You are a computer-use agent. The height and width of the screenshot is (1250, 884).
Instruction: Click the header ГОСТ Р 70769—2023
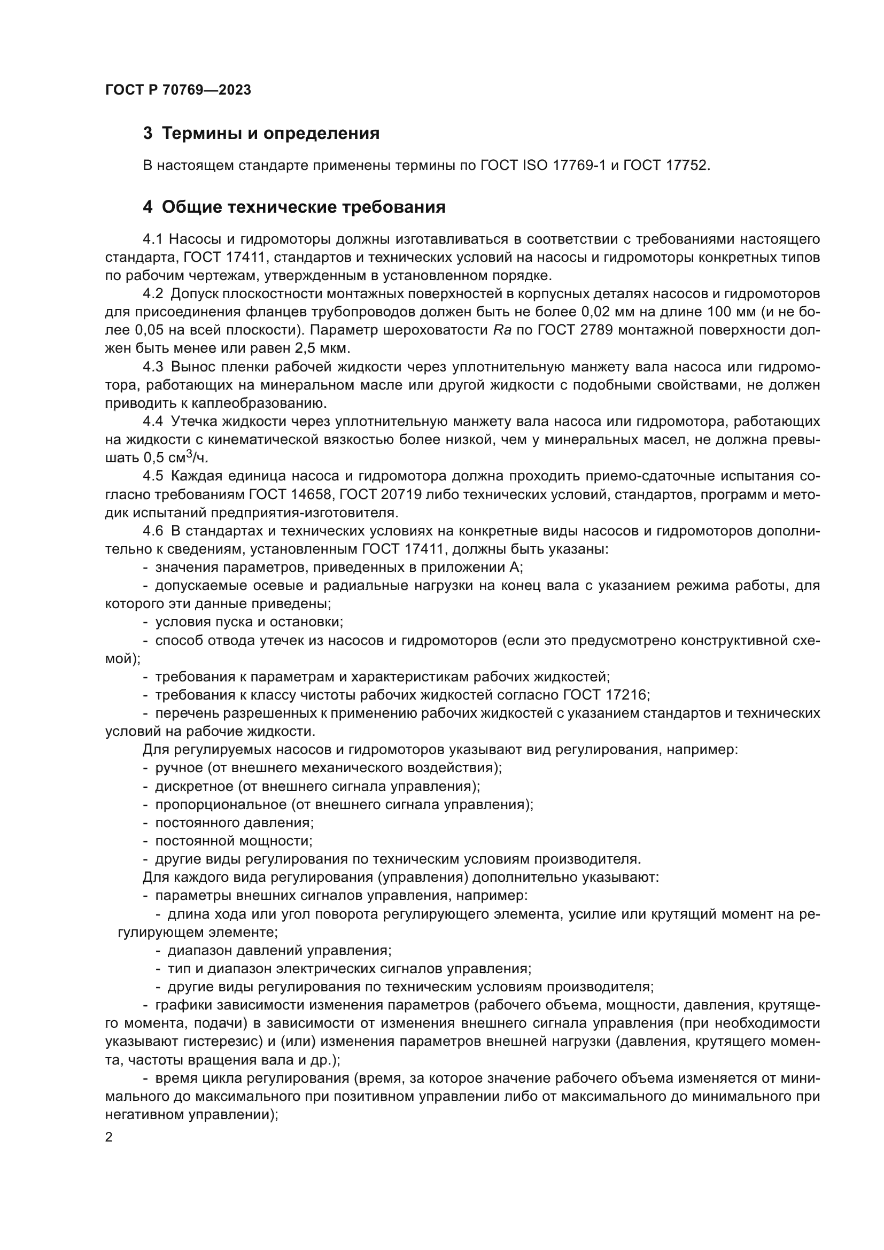[x=178, y=90]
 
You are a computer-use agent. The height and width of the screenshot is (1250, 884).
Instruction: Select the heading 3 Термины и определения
[x=261, y=134]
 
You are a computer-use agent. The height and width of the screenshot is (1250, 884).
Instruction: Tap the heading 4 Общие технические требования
[x=294, y=207]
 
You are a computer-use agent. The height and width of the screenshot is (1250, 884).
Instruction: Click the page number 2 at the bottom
[x=109, y=1137]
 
